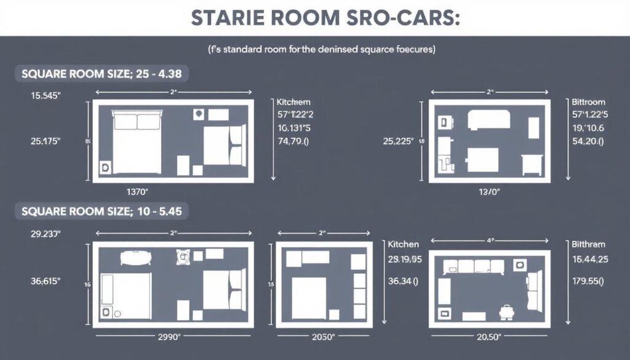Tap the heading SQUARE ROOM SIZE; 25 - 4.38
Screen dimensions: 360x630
pyautogui.click(x=101, y=74)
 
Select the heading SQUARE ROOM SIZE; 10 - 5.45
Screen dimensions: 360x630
pyautogui.click(x=101, y=211)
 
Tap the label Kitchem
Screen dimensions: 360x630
pyautogui.click(x=293, y=102)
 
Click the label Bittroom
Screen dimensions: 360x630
pyautogui.click(x=588, y=102)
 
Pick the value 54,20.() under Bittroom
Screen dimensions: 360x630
pyautogui.click(x=588, y=141)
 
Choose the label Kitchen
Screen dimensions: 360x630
pyautogui.click(x=404, y=244)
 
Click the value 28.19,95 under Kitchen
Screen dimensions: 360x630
pyautogui.click(x=405, y=259)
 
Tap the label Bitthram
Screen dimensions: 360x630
pyautogui.click(x=588, y=244)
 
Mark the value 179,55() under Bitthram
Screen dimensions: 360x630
pyautogui.click(x=588, y=281)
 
